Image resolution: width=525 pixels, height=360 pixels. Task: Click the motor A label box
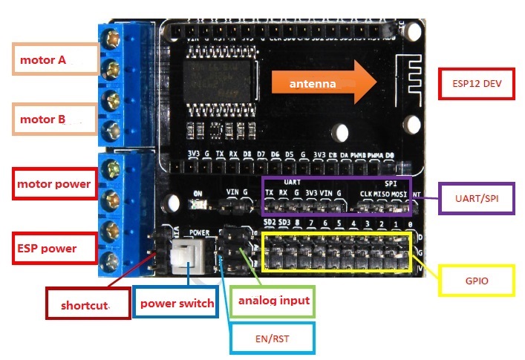[x=56, y=59]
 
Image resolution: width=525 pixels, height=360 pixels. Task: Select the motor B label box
[x=56, y=119]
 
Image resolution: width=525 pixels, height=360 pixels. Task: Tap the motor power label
[x=55, y=183]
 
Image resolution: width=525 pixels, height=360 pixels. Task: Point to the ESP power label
[x=55, y=247]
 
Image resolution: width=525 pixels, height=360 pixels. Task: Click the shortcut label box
[x=88, y=304]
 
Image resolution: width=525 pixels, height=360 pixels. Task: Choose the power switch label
[x=175, y=302]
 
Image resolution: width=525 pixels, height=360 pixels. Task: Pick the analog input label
[x=273, y=301]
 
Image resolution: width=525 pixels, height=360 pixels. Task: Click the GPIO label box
[x=477, y=281]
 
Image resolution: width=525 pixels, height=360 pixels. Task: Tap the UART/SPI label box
[x=477, y=199]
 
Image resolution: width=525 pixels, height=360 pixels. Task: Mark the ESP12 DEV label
[x=477, y=84]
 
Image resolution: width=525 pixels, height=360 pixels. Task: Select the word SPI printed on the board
[x=391, y=182]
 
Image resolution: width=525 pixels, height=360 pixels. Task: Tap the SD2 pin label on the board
[x=270, y=223]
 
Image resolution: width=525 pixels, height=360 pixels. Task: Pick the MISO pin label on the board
[x=381, y=194]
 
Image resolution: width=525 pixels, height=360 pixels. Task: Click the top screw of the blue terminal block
[x=114, y=36]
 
